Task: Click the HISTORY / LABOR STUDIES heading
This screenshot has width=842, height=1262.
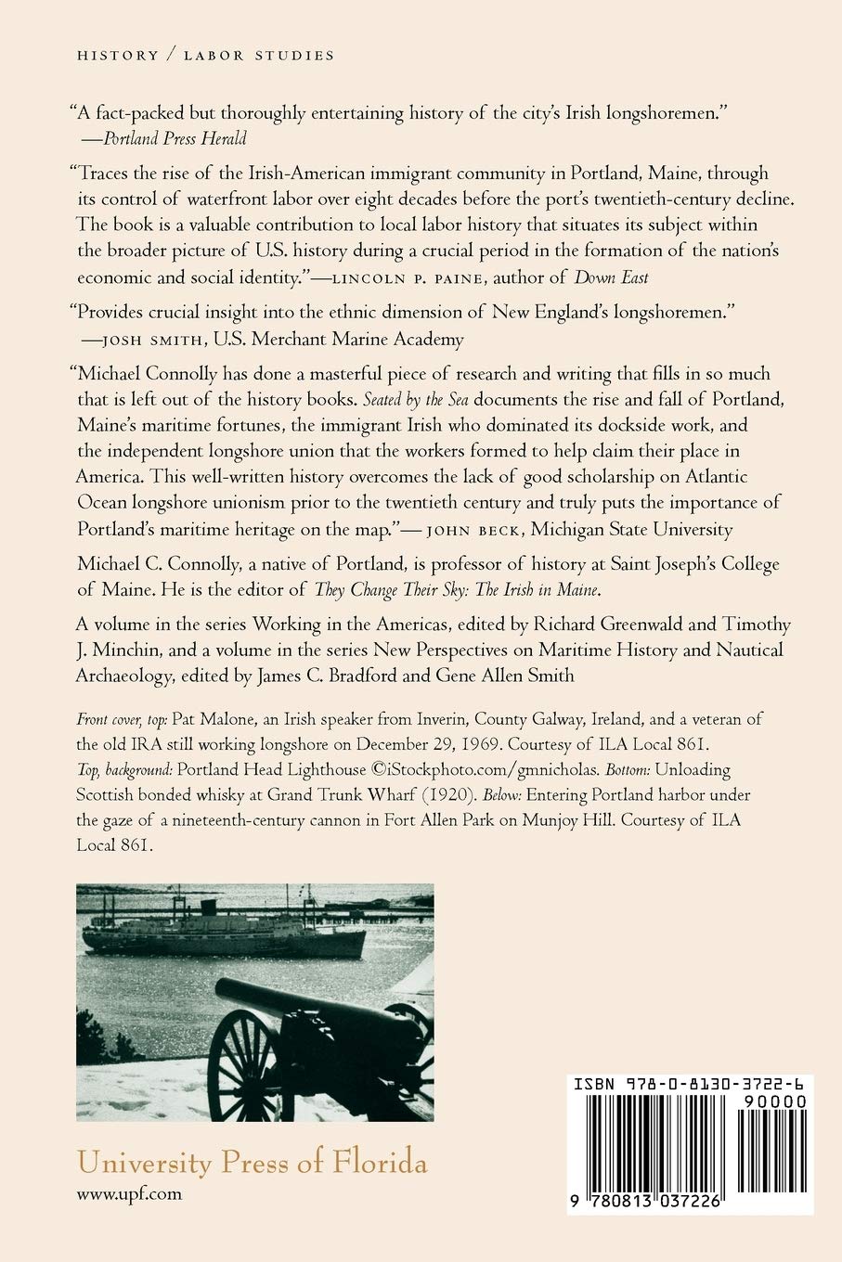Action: (x=205, y=56)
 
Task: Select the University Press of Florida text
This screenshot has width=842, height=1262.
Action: (x=253, y=1163)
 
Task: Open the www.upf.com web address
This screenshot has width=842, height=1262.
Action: (x=129, y=1195)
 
